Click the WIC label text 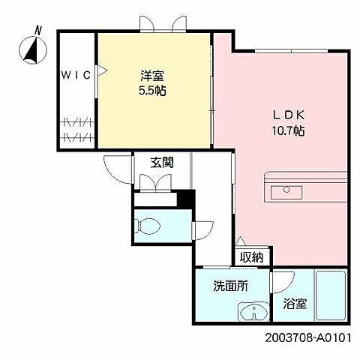(76, 74)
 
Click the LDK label (287, 115)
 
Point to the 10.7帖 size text (287, 130)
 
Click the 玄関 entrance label (162, 162)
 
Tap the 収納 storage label (251, 257)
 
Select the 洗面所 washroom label (230, 285)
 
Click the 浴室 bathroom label (294, 304)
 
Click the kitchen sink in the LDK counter (284, 189)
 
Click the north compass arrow (31, 49)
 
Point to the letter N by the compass (38, 30)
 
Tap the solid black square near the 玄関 (184, 201)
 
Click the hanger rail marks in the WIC (76, 129)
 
